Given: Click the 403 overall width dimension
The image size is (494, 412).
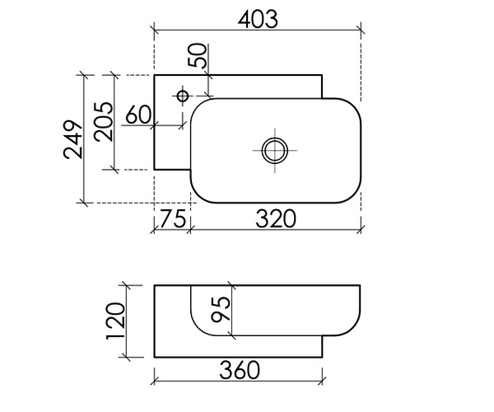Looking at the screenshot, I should coord(258,17).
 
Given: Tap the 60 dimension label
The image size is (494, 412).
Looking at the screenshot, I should coord(137,115).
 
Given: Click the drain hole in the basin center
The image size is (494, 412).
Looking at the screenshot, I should coord(273,150).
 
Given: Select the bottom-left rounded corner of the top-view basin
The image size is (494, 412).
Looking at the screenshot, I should coord(201,193).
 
